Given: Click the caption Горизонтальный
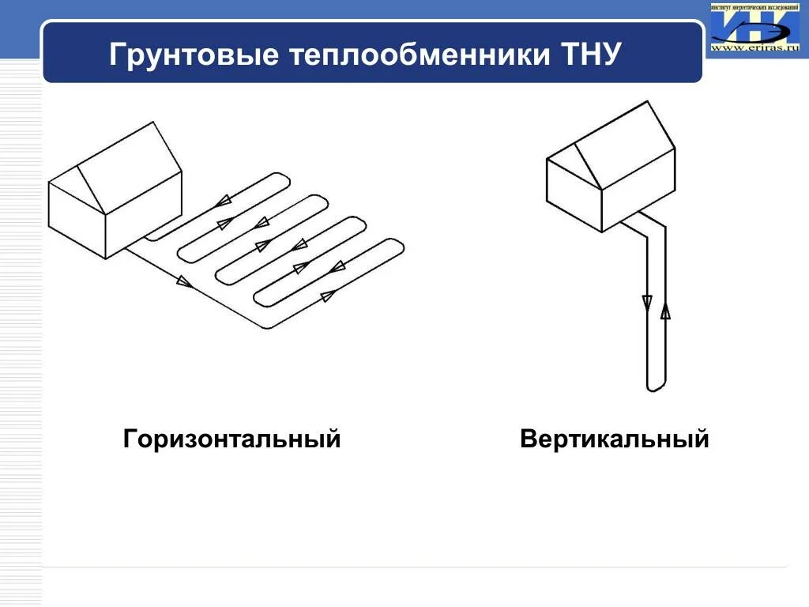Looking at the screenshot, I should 231,439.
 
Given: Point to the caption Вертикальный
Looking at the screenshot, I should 615,439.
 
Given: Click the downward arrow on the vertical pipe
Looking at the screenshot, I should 647,302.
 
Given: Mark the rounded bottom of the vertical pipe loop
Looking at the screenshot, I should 656,388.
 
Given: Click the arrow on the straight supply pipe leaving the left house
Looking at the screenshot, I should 184,281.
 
